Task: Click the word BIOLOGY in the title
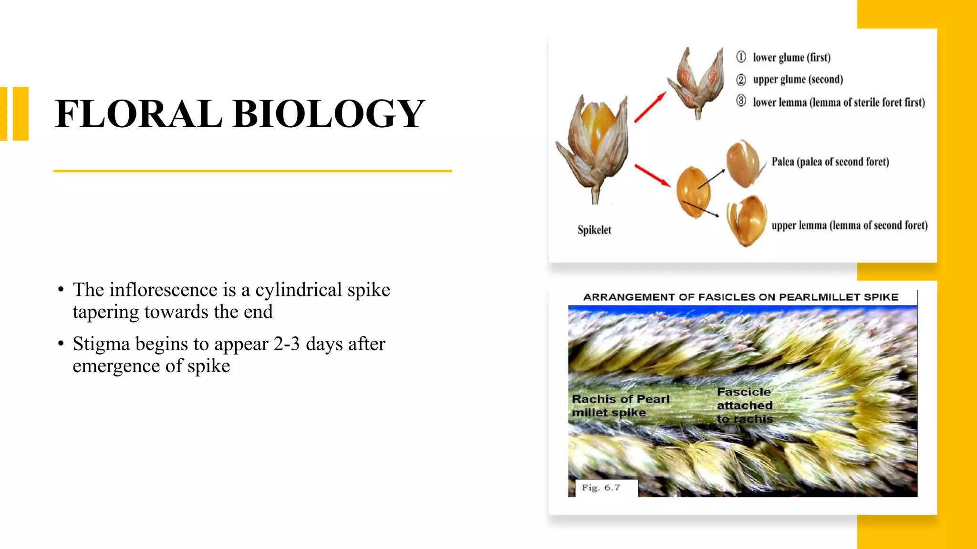pos(329,114)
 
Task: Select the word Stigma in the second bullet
pos(101,344)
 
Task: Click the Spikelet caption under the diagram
pos(594,230)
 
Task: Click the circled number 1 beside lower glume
pos(741,57)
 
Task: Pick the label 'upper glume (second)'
pos(798,80)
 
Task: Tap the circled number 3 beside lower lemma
pos(741,101)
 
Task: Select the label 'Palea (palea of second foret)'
pos(830,162)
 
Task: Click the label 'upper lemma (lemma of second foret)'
pos(850,225)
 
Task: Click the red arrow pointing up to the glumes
pos(650,107)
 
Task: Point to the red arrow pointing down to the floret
pos(652,175)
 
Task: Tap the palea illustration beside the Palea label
pos(742,163)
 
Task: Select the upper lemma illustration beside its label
pos(747,221)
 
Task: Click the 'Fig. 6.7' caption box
pos(602,488)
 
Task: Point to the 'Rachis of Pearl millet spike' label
pos(620,406)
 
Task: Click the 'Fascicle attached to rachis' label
pos(745,406)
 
